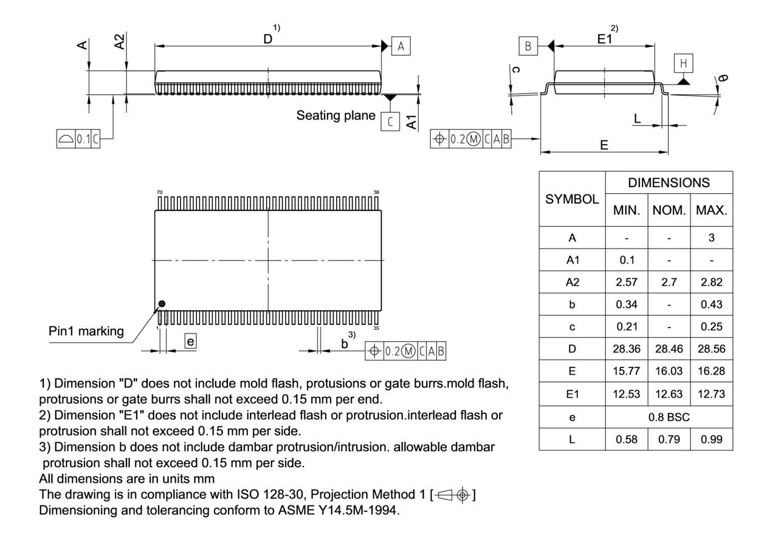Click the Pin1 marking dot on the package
162,304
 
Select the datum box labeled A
401,46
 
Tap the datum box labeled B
528,46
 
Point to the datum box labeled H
683,63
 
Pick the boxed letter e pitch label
190,342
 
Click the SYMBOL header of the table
572,199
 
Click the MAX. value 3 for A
711,238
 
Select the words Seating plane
336,115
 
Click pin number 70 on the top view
159,192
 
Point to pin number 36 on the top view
377,192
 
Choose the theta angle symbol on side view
722,78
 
